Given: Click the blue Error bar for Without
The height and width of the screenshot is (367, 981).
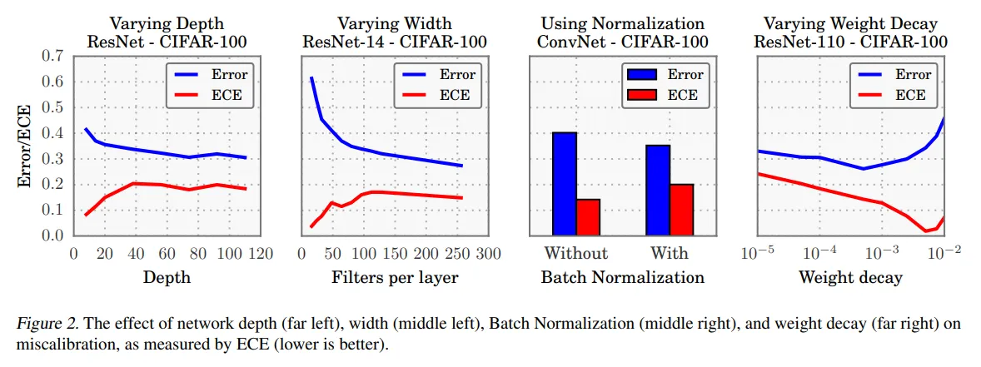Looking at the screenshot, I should tap(565, 184).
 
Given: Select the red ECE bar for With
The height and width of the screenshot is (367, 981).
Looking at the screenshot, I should tap(681, 210).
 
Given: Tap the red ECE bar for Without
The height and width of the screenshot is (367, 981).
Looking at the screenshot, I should tap(588, 217).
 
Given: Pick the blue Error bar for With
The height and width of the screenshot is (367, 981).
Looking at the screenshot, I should tap(658, 191).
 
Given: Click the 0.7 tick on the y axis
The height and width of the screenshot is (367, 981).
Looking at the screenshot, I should tap(52, 57).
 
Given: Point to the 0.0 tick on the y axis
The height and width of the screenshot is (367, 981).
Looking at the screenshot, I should tap(52, 236).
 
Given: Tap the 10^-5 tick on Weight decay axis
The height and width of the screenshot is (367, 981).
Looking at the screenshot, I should tap(758, 253).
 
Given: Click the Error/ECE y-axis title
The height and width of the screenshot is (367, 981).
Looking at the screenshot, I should tap(26, 147).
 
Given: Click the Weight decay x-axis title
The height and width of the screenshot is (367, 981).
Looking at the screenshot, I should tap(849, 277).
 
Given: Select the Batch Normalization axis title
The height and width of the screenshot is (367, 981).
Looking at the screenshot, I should tap(622, 277).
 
